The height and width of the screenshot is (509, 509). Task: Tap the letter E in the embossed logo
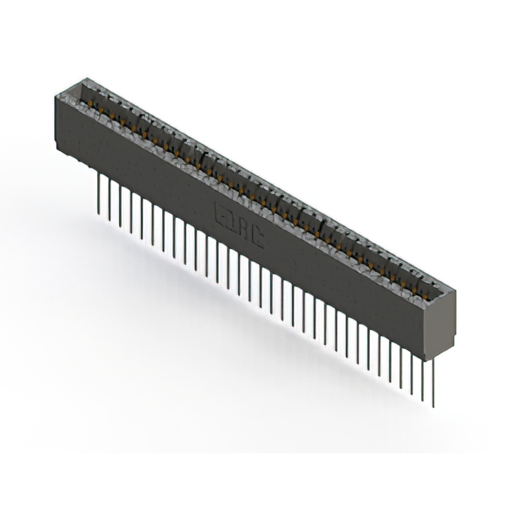pyautogui.click(x=223, y=212)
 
